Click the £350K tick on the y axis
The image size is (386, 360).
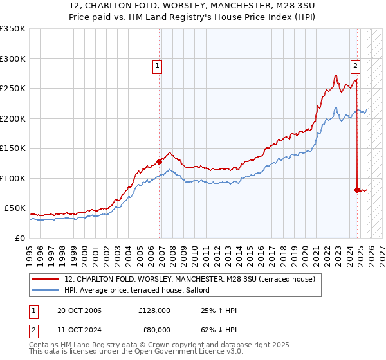pyautogui.click(x=13, y=29)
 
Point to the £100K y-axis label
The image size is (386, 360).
pyautogui.click(x=13, y=178)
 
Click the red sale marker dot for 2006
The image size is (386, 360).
pyautogui.click(x=159, y=161)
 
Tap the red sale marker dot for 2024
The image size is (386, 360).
pyautogui.click(x=357, y=190)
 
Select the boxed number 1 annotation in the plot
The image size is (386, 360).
pyautogui.click(x=157, y=65)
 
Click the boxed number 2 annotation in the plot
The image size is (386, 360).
pyautogui.click(x=355, y=64)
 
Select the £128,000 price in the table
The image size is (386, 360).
pyautogui.click(x=154, y=311)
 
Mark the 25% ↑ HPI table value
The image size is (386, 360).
pyautogui.click(x=219, y=311)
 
